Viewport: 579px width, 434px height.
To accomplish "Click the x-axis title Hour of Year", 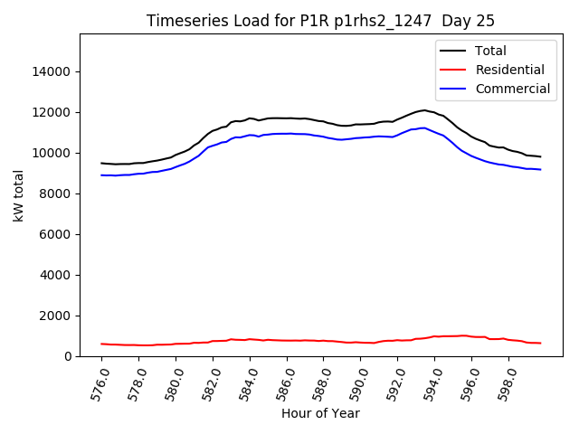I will pos(320,413).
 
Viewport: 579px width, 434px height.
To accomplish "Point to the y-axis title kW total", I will pos(19,195).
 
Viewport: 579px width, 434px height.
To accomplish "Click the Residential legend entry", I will pos(509,70).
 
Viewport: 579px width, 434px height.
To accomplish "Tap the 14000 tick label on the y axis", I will pos(52,71).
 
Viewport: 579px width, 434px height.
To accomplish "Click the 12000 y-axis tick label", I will pos(52,112).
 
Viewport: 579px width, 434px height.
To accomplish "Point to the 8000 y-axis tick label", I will pos(56,193).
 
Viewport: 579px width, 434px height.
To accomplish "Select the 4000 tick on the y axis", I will pos(56,275).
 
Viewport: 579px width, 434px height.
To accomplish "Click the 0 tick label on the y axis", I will pos(68,356).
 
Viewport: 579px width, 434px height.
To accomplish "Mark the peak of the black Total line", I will pos(424,110).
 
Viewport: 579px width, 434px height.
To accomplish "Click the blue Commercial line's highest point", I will pos(423,127).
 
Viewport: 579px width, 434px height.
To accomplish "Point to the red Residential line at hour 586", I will pos(287,340).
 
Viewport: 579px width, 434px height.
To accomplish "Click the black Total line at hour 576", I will pos(101,164).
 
